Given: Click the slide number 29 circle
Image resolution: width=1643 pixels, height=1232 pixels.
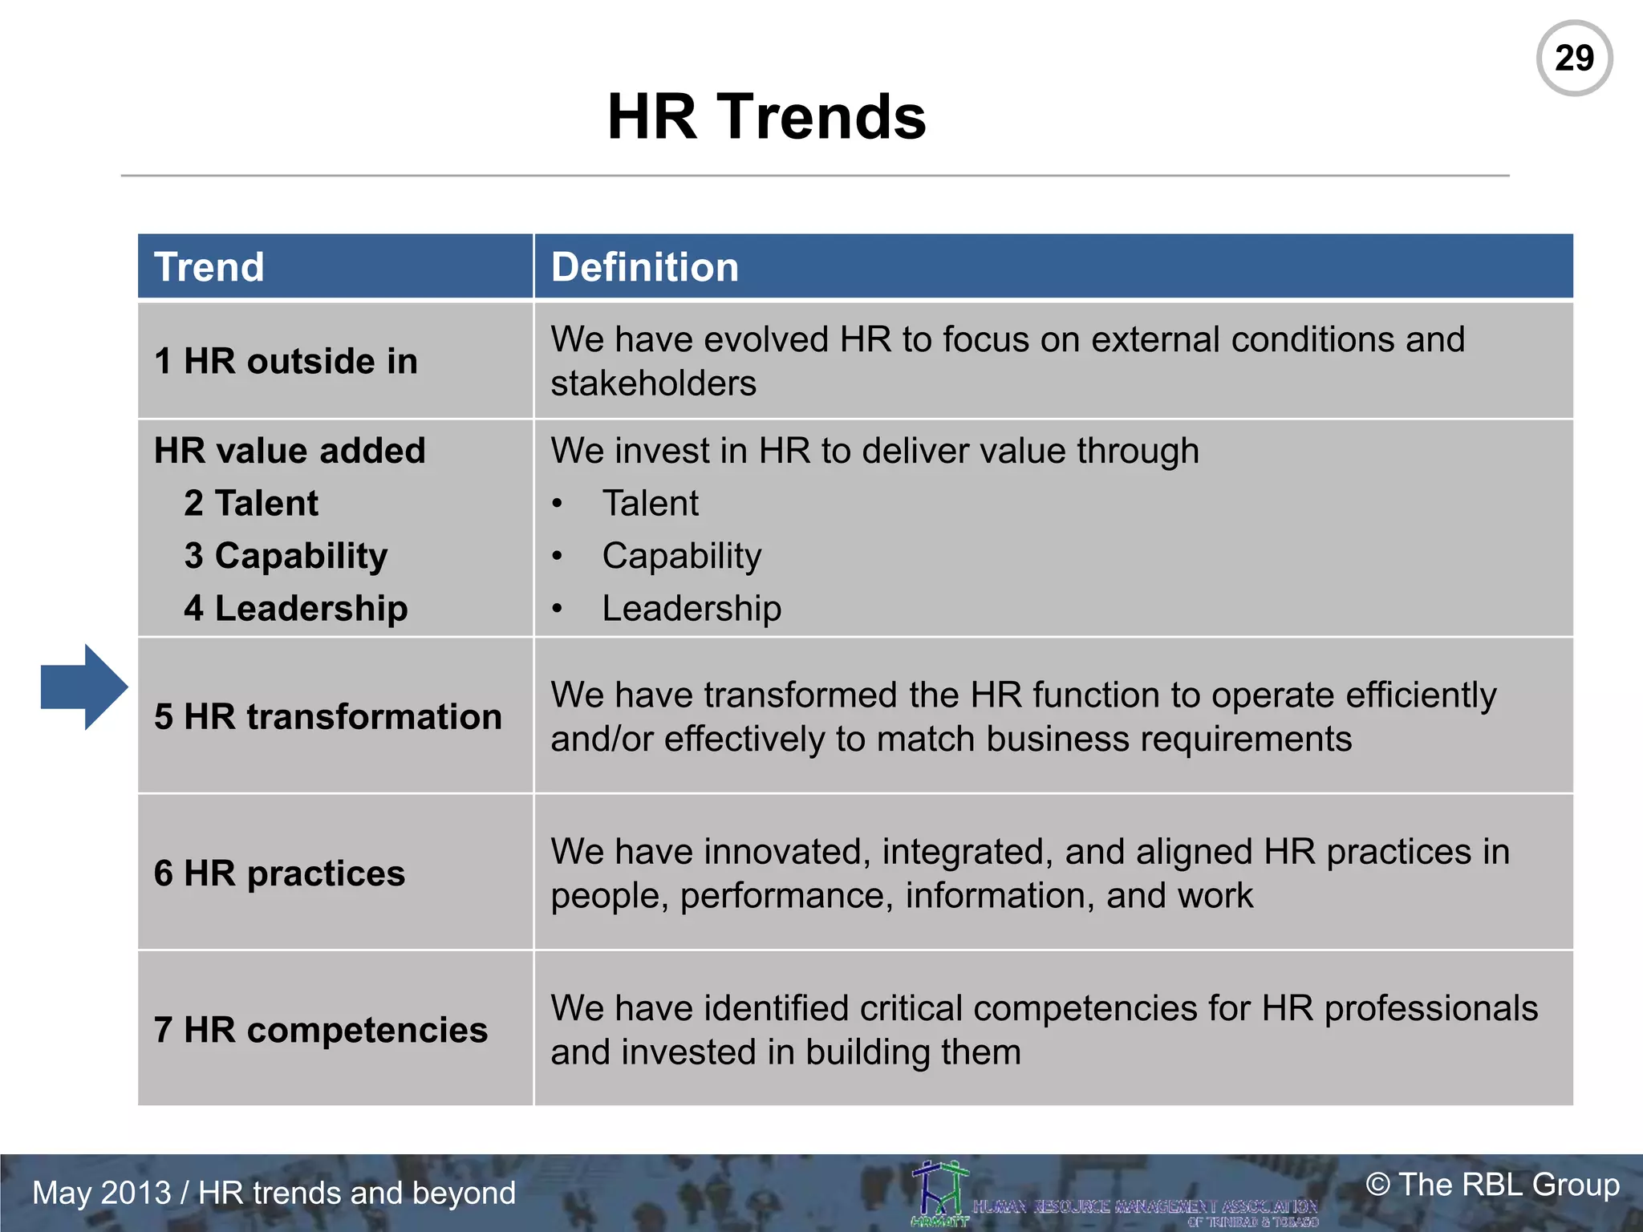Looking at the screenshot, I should (1574, 59).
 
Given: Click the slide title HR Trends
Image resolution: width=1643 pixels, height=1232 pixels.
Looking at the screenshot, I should (766, 117).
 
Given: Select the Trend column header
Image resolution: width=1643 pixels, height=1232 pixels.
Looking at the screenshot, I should (209, 267).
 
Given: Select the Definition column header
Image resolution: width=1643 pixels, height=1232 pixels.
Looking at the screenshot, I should (644, 267).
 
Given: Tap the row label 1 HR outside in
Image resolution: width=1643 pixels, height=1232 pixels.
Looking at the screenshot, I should (286, 362).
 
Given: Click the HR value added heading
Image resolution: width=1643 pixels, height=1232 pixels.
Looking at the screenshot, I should (290, 451).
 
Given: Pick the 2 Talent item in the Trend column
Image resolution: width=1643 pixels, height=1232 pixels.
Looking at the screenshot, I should (251, 504).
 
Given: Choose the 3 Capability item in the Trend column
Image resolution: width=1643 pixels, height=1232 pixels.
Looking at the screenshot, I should (286, 556).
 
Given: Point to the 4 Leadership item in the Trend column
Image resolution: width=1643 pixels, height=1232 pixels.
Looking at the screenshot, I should (295, 609).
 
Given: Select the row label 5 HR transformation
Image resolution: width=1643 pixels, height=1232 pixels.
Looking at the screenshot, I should (328, 717).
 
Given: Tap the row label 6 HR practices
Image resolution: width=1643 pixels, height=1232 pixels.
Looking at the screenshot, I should (279, 873).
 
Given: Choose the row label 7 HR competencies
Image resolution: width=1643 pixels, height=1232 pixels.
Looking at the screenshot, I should (321, 1030).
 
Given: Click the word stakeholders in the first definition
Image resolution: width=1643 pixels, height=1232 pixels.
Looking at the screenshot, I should (653, 383).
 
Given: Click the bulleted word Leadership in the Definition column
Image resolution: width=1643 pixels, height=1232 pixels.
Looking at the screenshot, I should (692, 609).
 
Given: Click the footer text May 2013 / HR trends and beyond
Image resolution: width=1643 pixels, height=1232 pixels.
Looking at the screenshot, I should (274, 1193).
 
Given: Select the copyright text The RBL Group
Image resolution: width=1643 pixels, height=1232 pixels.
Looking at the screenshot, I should (1492, 1185).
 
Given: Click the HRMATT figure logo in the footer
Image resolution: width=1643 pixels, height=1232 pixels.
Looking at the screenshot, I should (940, 1193).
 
